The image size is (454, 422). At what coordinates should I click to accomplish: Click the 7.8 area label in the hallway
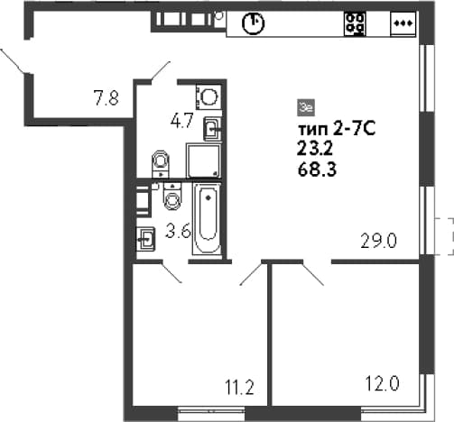click(x=107, y=98)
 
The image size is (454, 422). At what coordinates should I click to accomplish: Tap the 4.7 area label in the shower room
click(x=181, y=122)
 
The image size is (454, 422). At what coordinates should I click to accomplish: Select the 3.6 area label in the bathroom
click(x=179, y=232)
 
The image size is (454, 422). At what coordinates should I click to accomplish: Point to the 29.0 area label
click(x=379, y=241)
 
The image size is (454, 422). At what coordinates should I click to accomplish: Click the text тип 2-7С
click(x=337, y=130)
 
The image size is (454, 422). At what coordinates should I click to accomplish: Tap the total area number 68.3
click(x=317, y=170)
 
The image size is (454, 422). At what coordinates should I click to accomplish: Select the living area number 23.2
click(x=315, y=149)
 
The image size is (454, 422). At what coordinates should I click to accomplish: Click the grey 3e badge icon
click(x=306, y=107)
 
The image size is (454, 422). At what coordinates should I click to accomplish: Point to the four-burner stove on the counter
click(x=355, y=23)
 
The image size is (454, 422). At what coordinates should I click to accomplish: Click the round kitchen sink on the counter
click(x=253, y=23)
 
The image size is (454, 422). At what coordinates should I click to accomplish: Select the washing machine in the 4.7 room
click(x=208, y=96)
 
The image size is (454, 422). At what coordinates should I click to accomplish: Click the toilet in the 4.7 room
click(x=161, y=164)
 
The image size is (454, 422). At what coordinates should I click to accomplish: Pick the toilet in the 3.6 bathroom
click(x=172, y=197)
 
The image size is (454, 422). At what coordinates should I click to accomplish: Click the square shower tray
click(x=204, y=161)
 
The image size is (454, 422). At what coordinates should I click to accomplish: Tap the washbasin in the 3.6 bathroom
click(x=146, y=239)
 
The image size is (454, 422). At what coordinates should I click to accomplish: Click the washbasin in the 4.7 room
click(x=213, y=129)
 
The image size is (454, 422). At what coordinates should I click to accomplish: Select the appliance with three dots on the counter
click(x=403, y=23)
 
